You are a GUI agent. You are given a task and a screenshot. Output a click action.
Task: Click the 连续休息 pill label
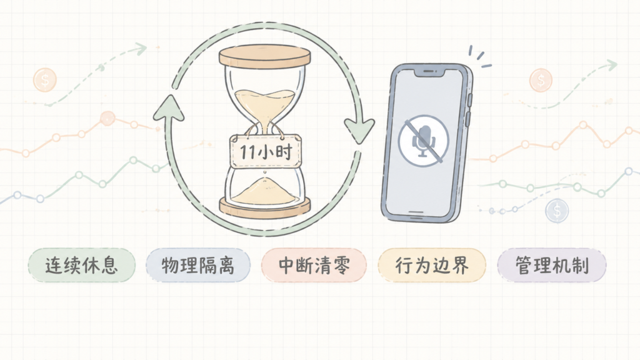(x=82, y=265)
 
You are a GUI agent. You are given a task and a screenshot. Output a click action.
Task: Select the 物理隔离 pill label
(x=198, y=265)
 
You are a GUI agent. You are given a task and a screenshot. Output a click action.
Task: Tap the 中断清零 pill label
(x=314, y=265)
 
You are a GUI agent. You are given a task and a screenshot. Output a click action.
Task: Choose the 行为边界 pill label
(x=432, y=265)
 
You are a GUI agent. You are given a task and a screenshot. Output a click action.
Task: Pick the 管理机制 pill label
(x=551, y=265)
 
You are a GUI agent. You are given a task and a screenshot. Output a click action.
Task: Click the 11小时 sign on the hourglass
(x=266, y=151)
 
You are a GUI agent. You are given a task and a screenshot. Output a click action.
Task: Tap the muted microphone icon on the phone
(x=424, y=141)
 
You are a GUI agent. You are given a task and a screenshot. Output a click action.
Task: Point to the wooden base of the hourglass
(x=265, y=207)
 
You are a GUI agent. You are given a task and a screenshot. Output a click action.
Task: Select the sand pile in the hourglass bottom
(x=264, y=192)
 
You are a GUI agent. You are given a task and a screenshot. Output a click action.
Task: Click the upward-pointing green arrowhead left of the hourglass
(x=168, y=107)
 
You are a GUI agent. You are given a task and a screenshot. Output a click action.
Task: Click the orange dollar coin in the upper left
(x=45, y=79)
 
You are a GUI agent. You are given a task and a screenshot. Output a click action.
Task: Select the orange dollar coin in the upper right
(x=541, y=79)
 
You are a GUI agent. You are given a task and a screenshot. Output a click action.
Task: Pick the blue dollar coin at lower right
(x=557, y=211)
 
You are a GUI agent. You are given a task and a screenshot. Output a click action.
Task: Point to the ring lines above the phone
(x=479, y=57)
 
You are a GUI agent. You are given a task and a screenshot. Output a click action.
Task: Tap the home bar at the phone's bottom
(x=416, y=212)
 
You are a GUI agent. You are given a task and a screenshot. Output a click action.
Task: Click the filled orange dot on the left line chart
(x=107, y=118)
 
